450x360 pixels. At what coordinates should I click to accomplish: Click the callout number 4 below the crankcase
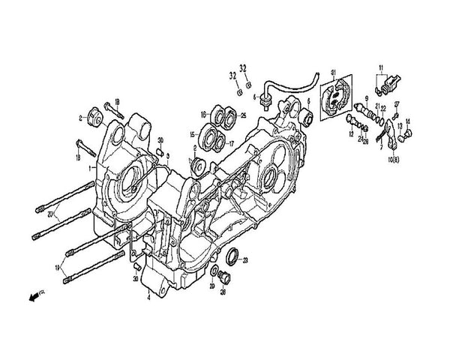[x=148, y=298]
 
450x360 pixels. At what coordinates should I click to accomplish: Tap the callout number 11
[x=381, y=68]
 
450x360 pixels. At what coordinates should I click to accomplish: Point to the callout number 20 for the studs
[x=49, y=213]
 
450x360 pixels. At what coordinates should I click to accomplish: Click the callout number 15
[x=193, y=134]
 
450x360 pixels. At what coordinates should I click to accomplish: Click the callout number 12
[x=350, y=133]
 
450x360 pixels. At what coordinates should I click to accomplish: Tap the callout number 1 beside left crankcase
[x=88, y=169]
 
